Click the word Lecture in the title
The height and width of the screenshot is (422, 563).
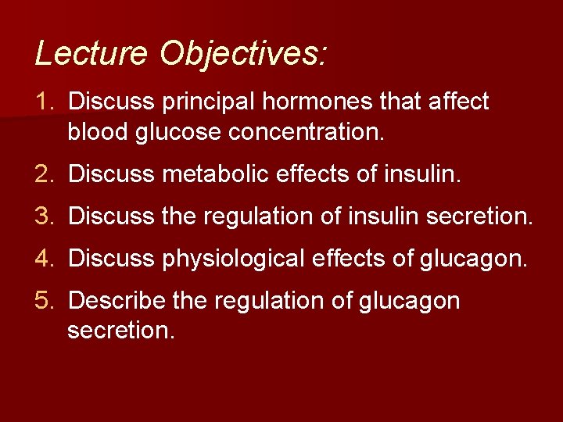point(91,53)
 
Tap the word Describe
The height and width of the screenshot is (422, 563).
point(117,301)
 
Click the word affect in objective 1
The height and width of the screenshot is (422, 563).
point(455,102)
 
